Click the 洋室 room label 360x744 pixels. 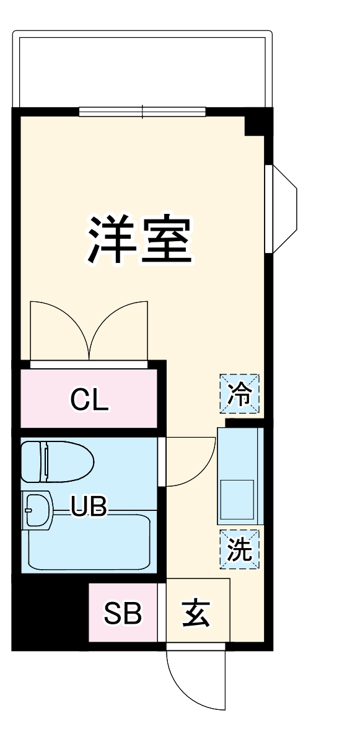tap(139, 239)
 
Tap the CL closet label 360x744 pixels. tap(89, 400)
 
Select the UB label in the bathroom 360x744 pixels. tap(89, 507)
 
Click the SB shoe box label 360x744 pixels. tap(123, 613)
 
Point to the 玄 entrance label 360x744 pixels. tap(196, 613)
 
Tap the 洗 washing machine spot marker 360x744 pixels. tap(239, 548)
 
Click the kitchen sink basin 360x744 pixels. tap(239, 500)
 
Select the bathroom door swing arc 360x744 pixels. tap(189, 462)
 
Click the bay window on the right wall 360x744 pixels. tap(282, 209)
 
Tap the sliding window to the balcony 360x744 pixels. tap(143, 112)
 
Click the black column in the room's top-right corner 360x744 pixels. tap(257, 122)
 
